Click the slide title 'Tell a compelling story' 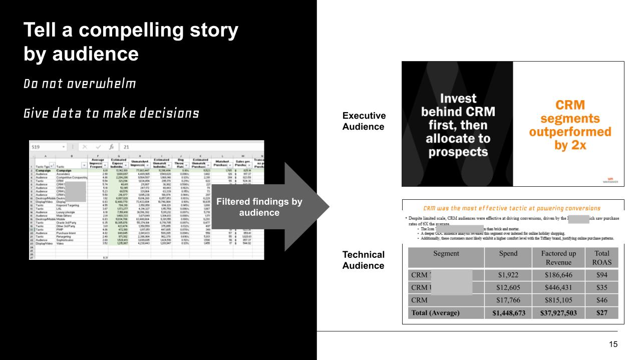click(131, 31)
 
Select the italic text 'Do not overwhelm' click(80, 84)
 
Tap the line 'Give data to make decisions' click(111, 114)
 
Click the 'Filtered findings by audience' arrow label click(259, 207)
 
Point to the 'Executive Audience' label click(364, 121)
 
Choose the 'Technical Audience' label click(364, 260)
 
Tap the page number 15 click(613, 344)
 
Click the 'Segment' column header click(446, 253)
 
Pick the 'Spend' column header click(508, 253)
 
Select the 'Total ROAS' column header click(601, 258)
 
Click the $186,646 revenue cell click(558, 275)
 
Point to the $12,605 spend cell click(508, 287)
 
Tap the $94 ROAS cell click(601, 275)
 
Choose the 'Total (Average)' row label click(435, 313)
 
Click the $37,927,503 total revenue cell click(558, 313)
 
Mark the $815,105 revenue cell click(558, 300)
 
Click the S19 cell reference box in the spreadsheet click(36, 147)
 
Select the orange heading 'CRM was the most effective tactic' click(511, 208)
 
